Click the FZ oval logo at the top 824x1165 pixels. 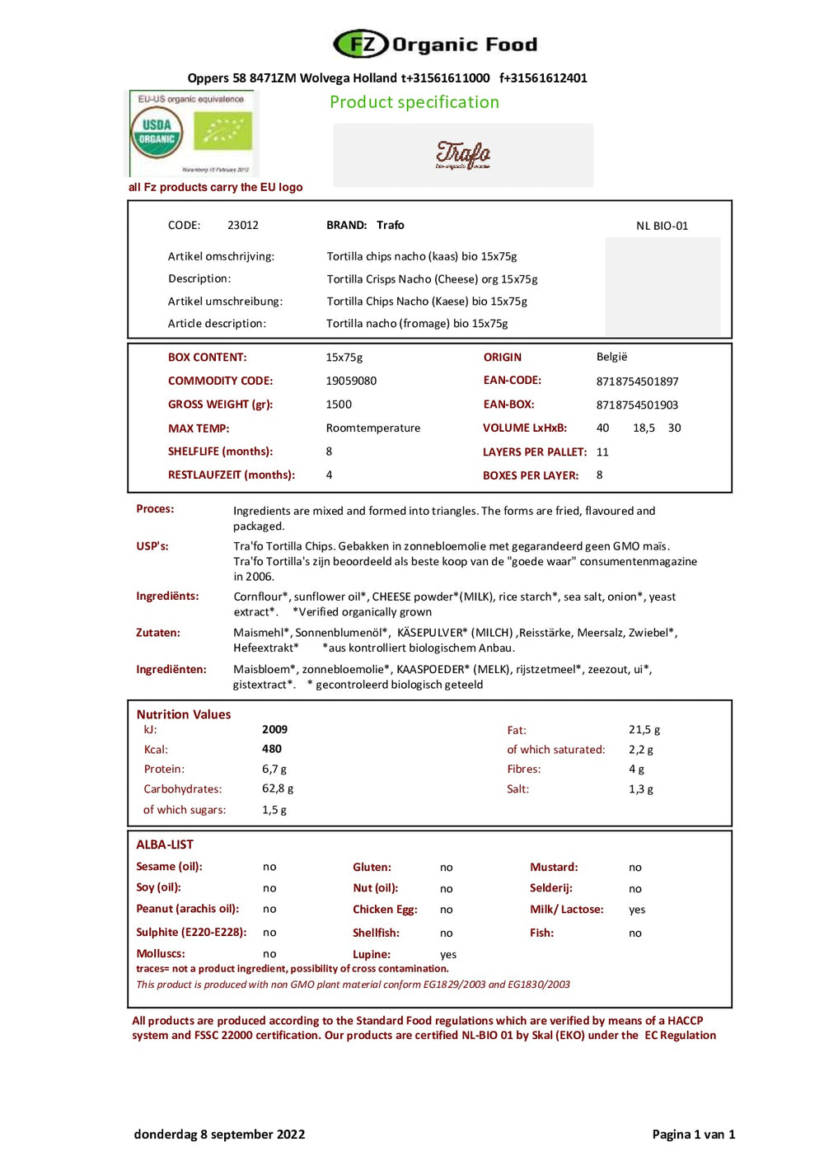(x=360, y=44)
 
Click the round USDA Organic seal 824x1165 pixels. (x=157, y=133)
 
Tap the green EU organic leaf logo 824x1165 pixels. (x=222, y=131)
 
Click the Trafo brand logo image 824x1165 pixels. (x=462, y=154)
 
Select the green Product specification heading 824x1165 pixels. (x=414, y=102)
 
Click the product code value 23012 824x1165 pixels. (x=243, y=225)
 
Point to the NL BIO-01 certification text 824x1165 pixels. (x=662, y=226)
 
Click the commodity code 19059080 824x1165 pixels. (x=351, y=381)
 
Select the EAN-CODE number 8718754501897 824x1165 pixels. (x=637, y=381)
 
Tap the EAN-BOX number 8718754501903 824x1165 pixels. (x=637, y=405)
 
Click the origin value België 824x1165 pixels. (x=611, y=357)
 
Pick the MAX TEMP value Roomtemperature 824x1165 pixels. (x=372, y=428)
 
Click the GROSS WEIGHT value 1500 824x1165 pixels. (x=339, y=405)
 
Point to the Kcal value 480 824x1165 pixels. (x=272, y=749)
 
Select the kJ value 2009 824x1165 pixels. (x=274, y=729)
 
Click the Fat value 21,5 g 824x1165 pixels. (x=644, y=730)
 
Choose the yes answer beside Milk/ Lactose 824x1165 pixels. (x=637, y=910)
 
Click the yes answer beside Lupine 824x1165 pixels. (x=448, y=954)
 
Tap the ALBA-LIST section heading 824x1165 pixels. (x=165, y=845)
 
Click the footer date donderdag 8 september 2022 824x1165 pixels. (x=219, y=1134)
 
